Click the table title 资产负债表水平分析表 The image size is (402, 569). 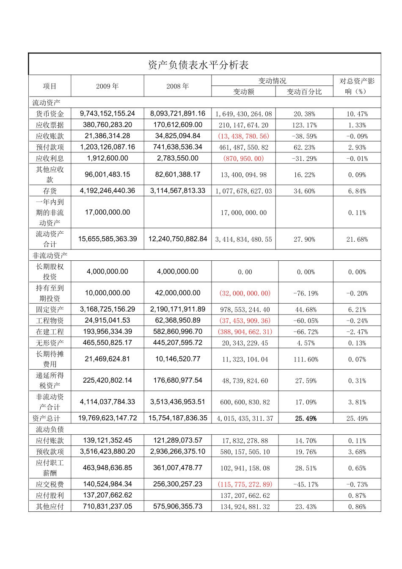pyautogui.click(x=198, y=65)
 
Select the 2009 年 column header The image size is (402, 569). pyautogui.click(x=107, y=86)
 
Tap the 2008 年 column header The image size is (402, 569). pyautogui.click(x=178, y=86)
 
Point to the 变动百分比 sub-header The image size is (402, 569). pyautogui.click(x=304, y=92)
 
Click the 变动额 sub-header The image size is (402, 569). pyautogui.click(x=244, y=92)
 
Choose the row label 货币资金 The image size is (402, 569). pyautogui.click(x=50, y=114)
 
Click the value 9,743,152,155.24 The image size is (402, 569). pyautogui.click(x=107, y=113)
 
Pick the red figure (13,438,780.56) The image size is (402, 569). pyautogui.click(x=244, y=136)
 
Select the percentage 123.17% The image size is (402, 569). pyautogui.click(x=304, y=125)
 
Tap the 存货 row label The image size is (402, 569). pyautogui.click(x=50, y=191)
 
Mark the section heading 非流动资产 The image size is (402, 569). pyautogui.click(x=50, y=256)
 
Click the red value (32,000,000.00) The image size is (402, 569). pyautogui.click(x=245, y=293)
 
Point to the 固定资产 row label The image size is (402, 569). pyautogui.click(x=50, y=309)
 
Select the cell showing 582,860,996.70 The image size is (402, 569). pyautogui.click(x=178, y=331)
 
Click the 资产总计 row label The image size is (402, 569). pyautogui.click(x=47, y=418)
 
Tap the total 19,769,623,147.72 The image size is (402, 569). pyautogui.click(x=107, y=418)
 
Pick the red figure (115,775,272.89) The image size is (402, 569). pyautogui.click(x=245, y=484)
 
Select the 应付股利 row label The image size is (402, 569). pyautogui.click(x=50, y=495)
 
